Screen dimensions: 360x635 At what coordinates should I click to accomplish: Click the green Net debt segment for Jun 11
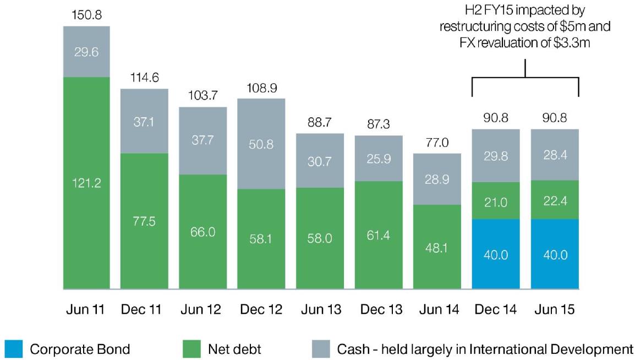[86, 183]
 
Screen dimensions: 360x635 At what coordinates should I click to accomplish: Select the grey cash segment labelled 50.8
[261, 144]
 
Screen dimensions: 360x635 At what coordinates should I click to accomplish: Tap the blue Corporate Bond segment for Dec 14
[496, 254]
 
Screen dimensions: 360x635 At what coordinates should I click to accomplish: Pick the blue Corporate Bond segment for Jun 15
[555, 254]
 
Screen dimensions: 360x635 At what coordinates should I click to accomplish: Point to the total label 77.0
[437, 143]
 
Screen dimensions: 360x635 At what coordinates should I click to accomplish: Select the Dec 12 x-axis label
[261, 310]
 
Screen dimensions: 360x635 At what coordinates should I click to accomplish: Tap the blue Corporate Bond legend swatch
[14, 349]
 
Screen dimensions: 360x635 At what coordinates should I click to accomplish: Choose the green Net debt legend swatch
[191, 349]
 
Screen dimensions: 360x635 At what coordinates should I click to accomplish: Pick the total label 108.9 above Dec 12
[261, 89]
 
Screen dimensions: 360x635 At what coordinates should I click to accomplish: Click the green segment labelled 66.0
[202, 231]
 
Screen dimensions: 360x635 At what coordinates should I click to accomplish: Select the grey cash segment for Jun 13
[320, 160]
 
